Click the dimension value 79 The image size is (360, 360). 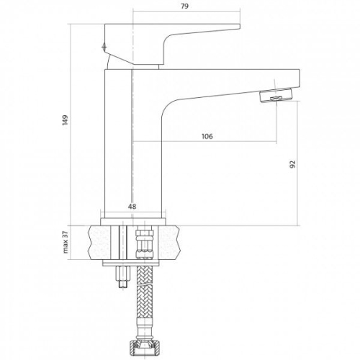[184, 6]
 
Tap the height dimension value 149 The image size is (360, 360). [65, 120]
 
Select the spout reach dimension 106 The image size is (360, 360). [207, 136]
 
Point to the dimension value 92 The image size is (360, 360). [293, 164]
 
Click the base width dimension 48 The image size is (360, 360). [132, 207]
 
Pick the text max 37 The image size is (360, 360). [66, 242]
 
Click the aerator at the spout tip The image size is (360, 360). [276, 96]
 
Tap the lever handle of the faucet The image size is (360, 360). [172, 44]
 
